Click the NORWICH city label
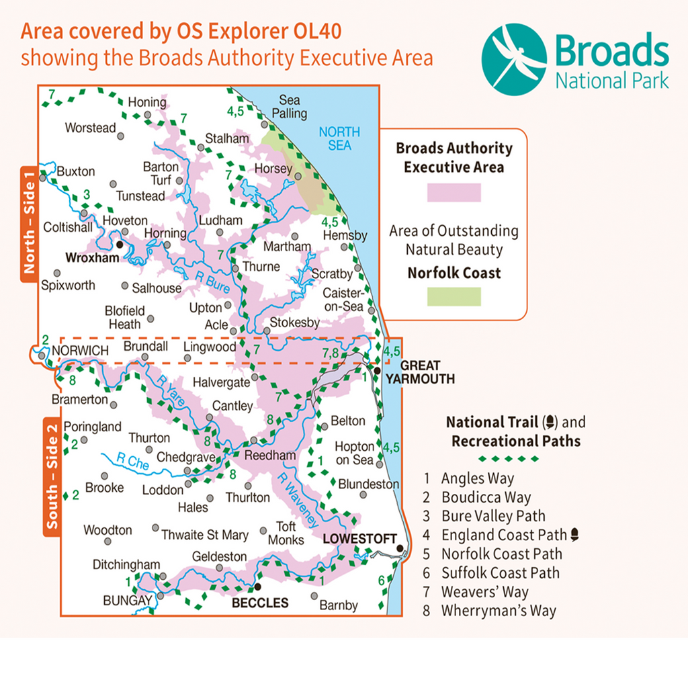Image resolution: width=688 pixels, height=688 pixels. (80, 350)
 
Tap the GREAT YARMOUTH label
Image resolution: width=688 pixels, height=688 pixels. (421, 372)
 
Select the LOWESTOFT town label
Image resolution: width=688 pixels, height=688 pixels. (356, 539)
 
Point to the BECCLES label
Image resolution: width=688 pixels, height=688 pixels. (260, 603)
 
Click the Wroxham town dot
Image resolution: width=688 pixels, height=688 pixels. (120, 245)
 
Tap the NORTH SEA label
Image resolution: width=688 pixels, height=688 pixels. (339, 138)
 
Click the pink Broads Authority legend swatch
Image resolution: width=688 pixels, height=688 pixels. (454, 193)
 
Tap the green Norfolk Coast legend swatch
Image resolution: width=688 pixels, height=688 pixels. (454, 296)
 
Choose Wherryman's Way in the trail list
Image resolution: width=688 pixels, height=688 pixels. (499, 611)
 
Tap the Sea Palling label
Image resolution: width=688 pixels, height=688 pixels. (289, 107)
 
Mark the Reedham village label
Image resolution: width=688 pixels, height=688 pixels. (269, 456)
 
